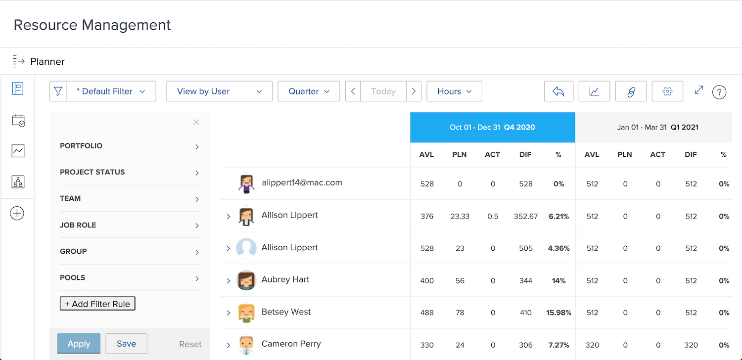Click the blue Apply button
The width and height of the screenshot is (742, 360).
79,344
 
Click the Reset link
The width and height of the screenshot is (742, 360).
190,344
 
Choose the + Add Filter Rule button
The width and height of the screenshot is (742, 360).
97,304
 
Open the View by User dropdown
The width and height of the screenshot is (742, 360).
219,91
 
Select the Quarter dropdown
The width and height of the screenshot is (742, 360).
309,91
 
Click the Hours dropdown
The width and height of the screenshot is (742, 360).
454,91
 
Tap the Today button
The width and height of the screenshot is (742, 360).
383,91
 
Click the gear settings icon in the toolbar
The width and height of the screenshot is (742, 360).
667,91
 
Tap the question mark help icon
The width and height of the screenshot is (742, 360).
719,92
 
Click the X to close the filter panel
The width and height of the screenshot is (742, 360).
196,122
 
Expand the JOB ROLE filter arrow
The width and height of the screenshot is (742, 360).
197,225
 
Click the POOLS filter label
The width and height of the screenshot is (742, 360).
73,277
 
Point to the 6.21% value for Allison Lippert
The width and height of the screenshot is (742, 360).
559,216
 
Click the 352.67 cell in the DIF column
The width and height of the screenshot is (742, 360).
526,216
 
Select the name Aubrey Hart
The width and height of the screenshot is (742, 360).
285,279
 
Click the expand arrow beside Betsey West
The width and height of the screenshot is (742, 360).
229,313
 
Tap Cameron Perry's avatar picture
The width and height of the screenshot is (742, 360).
246,345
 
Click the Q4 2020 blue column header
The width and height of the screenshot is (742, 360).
492,127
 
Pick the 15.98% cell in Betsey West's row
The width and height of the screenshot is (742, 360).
559,313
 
